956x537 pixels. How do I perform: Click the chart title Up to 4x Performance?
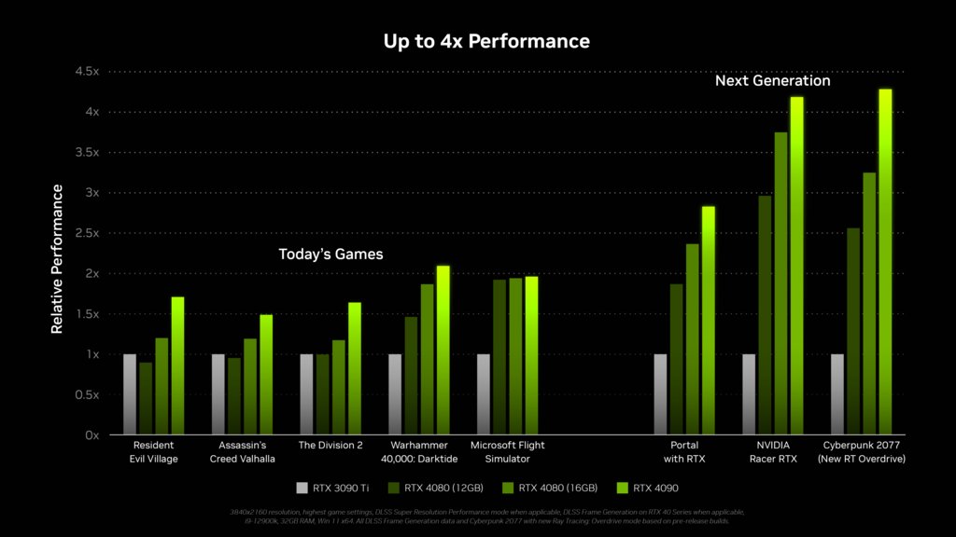tap(486, 41)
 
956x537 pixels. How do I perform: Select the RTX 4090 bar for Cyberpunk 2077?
tap(885, 262)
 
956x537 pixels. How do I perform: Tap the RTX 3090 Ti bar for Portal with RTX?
tap(661, 394)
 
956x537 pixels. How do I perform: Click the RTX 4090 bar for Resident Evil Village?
tap(177, 365)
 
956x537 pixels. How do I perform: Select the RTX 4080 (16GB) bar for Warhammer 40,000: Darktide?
tap(427, 359)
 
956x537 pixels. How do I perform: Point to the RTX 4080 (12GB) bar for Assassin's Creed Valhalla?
tap(233, 396)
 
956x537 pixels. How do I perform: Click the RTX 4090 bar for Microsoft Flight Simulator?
tap(531, 355)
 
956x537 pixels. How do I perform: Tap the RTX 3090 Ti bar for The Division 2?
tap(306, 394)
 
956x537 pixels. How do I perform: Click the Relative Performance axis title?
tap(57, 259)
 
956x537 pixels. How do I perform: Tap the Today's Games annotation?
tap(330, 254)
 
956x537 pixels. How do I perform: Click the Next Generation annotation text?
tap(772, 81)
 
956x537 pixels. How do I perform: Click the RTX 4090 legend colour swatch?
tap(621, 487)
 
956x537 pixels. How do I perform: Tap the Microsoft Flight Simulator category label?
tap(507, 451)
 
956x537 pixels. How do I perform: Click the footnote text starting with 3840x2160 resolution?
tap(486, 516)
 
